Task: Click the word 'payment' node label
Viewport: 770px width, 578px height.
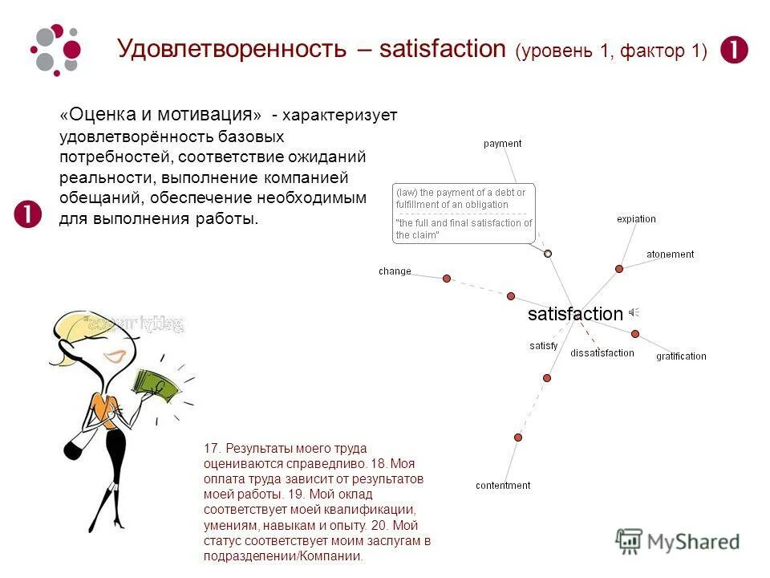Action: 502,144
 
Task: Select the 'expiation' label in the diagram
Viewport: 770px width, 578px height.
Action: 636,219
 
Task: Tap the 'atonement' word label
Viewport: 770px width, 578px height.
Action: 670,254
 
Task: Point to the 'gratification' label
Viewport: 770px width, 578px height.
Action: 681,356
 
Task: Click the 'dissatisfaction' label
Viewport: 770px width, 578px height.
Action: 602,353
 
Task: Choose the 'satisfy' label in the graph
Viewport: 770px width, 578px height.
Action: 543,346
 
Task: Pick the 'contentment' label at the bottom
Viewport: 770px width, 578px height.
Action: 503,486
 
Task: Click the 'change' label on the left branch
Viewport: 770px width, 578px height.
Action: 395,271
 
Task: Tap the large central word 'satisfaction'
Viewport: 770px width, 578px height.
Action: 575,314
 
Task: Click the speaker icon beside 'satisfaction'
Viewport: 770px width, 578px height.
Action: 634,313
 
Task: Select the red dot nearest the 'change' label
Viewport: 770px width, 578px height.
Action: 447,279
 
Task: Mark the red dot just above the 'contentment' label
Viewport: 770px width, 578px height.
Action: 518,438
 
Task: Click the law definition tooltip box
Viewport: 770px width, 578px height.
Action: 464,214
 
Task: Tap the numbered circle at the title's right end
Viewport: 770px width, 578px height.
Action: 734,50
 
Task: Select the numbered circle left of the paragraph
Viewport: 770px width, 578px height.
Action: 28,214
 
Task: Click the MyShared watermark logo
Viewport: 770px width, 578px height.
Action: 678,541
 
